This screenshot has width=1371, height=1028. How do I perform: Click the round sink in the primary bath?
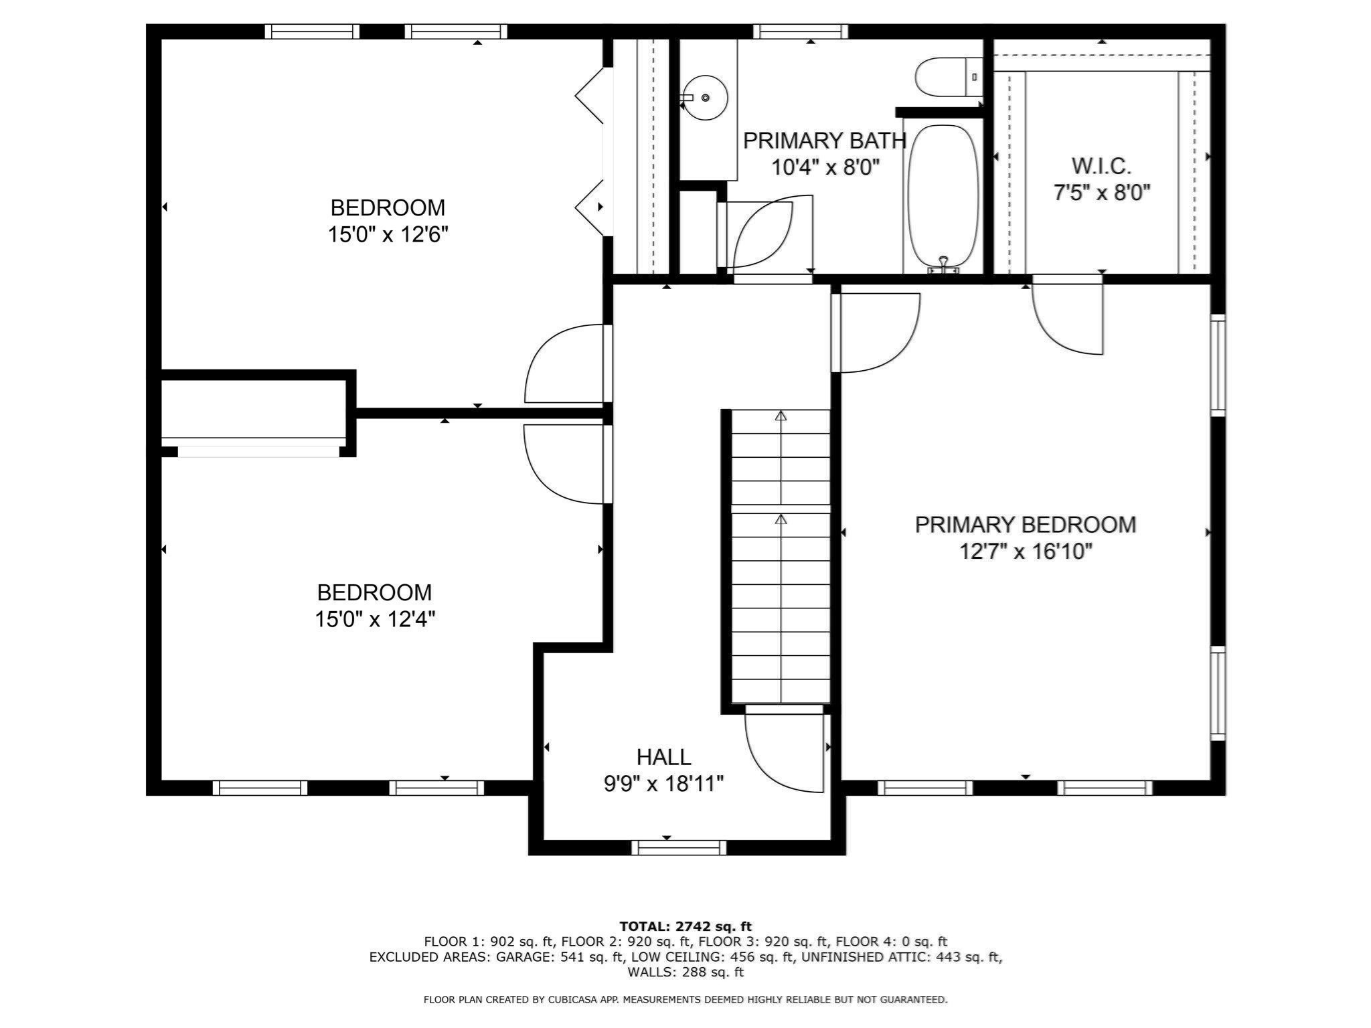coord(706,98)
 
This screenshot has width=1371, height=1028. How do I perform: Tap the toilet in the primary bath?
coord(944,77)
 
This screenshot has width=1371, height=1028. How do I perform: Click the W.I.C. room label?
coord(1101,166)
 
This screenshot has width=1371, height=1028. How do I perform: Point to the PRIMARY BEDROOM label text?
coord(1025,525)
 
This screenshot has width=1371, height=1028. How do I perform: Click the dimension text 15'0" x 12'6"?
coord(388,235)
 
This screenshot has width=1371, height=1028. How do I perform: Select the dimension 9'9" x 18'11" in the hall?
coord(663,784)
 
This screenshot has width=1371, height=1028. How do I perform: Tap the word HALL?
coord(663,757)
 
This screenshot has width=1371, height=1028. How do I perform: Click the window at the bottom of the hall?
coord(679,848)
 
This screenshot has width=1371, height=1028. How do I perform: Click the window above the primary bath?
coord(801,31)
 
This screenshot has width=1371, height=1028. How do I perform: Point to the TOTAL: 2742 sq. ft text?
coord(685,926)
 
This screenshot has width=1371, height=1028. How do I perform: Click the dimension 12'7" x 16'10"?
coord(1025,552)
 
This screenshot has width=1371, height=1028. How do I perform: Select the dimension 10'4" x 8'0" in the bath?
coord(825,167)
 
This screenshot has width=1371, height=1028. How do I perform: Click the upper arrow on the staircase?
coord(781,417)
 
